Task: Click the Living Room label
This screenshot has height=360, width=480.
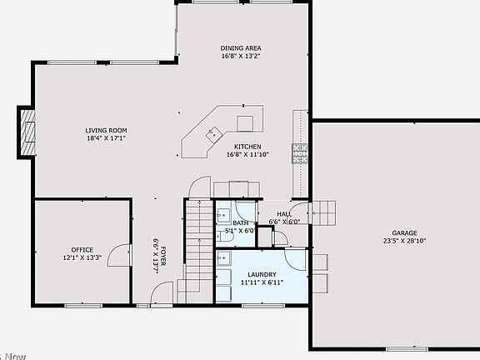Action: (x=105, y=130)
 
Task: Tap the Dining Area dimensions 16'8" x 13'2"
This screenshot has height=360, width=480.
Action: (x=241, y=57)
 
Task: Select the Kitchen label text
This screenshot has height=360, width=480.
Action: (x=247, y=147)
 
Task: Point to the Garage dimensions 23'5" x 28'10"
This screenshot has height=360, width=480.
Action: (x=404, y=241)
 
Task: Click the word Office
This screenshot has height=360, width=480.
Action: (x=82, y=250)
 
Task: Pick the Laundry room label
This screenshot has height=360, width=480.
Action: (x=262, y=275)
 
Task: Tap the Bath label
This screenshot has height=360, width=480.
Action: (x=241, y=222)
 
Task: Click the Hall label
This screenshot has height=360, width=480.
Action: (x=284, y=214)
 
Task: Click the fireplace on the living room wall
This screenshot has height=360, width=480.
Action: (x=28, y=133)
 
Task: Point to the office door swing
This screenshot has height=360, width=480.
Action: (x=121, y=254)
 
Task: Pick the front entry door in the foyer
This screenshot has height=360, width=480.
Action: (x=163, y=294)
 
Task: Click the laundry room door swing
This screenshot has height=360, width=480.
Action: (x=297, y=260)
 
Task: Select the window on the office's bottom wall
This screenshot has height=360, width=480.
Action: (x=83, y=306)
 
